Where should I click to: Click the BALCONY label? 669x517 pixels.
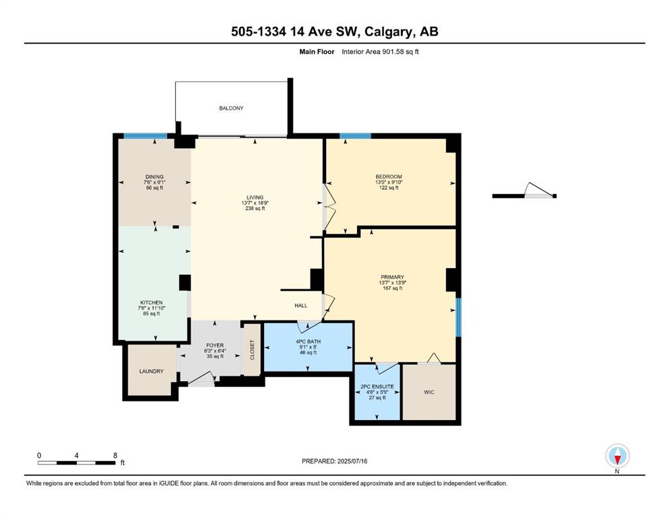(x=231, y=108)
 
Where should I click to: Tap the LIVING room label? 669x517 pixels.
(x=255, y=197)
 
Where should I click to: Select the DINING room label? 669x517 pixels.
(x=154, y=177)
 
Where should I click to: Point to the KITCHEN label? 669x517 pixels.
(x=152, y=303)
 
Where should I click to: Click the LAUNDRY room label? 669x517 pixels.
(x=152, y=371)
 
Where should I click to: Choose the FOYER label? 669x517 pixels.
(x=215, y=345)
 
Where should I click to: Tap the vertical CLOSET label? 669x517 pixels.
(x=252, y=349)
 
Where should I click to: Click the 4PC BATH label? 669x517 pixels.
(x=308, y=341)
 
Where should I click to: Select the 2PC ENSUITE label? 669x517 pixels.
(x=377, y=386)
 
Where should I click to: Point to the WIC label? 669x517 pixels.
(x=429, y=392)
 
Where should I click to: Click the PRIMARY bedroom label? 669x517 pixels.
(x=393, y=277)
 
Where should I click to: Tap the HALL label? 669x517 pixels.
(x=300, y=306)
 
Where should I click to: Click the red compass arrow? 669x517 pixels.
(x=617, y=460)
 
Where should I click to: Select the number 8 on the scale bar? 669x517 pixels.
(x=115, y=456)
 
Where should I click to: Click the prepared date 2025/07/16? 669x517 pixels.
(x=352, y=461)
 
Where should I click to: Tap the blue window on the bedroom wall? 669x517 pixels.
(x=356, y=136)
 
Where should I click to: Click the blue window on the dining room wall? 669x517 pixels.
(x=146, y=136)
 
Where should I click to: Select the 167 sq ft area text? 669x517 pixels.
(x=393, y=288)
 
